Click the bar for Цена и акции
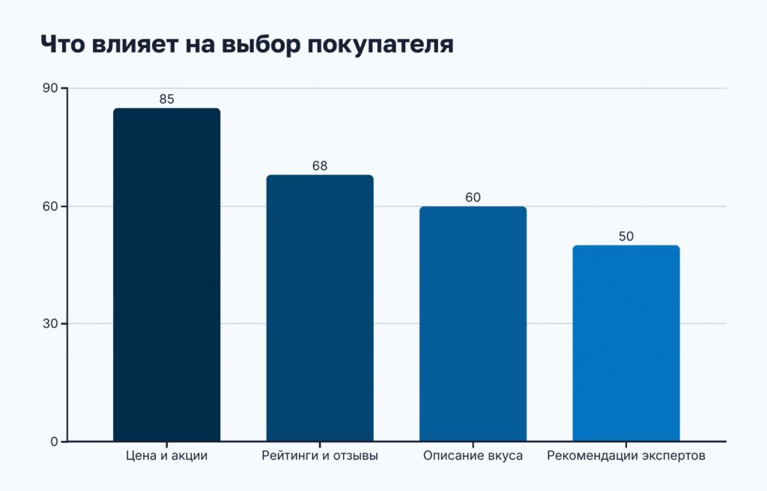point(166,275)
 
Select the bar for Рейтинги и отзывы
point(320,308)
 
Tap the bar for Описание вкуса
point(473,323)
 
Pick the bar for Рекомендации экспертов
point(626,343)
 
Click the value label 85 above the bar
point(166,99)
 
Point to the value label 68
point(320,165)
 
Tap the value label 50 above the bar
point(626,236)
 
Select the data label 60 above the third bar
point(473,198)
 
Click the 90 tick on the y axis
point(50,88)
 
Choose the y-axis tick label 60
point(50,206)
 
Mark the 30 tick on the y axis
point(50,323)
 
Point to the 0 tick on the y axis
point(54,442)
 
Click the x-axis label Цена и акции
point(166,456)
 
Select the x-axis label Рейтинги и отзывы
point(320,456)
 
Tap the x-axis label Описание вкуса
point(473,456)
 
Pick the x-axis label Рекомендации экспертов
point(626,456)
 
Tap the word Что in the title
point(63,44)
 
